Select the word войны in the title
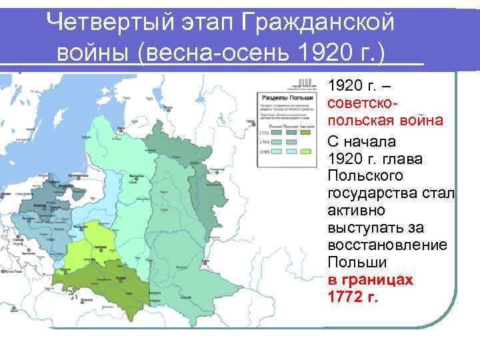tap(93, 51)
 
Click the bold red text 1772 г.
tap(353, 297)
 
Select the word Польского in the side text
tap(366, 175)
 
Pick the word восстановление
tap(387, 245)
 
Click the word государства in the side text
tap(379, 193)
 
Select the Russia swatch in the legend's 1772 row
tap(276, 133)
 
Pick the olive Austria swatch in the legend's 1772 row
tap(306, 133)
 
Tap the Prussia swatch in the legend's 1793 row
tap(291, 142)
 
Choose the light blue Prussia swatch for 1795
tap(291, 152)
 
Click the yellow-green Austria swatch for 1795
tap(306, 152)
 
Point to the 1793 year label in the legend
tap(263, 142)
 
